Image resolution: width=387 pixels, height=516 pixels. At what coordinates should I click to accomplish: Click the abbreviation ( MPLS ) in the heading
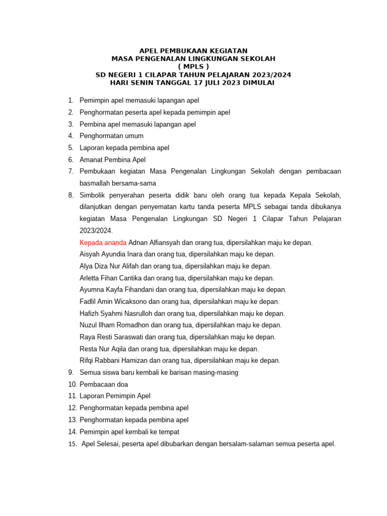coord(193,67)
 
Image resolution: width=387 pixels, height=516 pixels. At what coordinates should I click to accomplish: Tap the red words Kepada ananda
coord(103,242)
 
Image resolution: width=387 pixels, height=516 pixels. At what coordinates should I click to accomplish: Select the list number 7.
coord(71,171)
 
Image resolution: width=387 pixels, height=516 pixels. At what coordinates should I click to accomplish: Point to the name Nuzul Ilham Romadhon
coord(111,325)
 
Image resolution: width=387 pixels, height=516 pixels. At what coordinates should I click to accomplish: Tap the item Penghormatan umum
coord(111,136)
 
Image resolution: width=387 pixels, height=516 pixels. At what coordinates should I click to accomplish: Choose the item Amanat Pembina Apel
coord(112,160)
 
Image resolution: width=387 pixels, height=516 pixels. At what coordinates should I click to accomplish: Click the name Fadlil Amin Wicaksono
coord(113,301)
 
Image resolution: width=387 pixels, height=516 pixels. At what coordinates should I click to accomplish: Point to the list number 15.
coord(72,444)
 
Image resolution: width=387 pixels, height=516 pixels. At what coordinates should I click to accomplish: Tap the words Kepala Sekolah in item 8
coord(317,195)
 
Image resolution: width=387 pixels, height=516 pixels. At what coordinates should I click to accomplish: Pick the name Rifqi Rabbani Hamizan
coord(113,360)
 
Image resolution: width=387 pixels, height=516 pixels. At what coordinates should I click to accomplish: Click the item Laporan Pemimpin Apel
coord(115,396)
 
